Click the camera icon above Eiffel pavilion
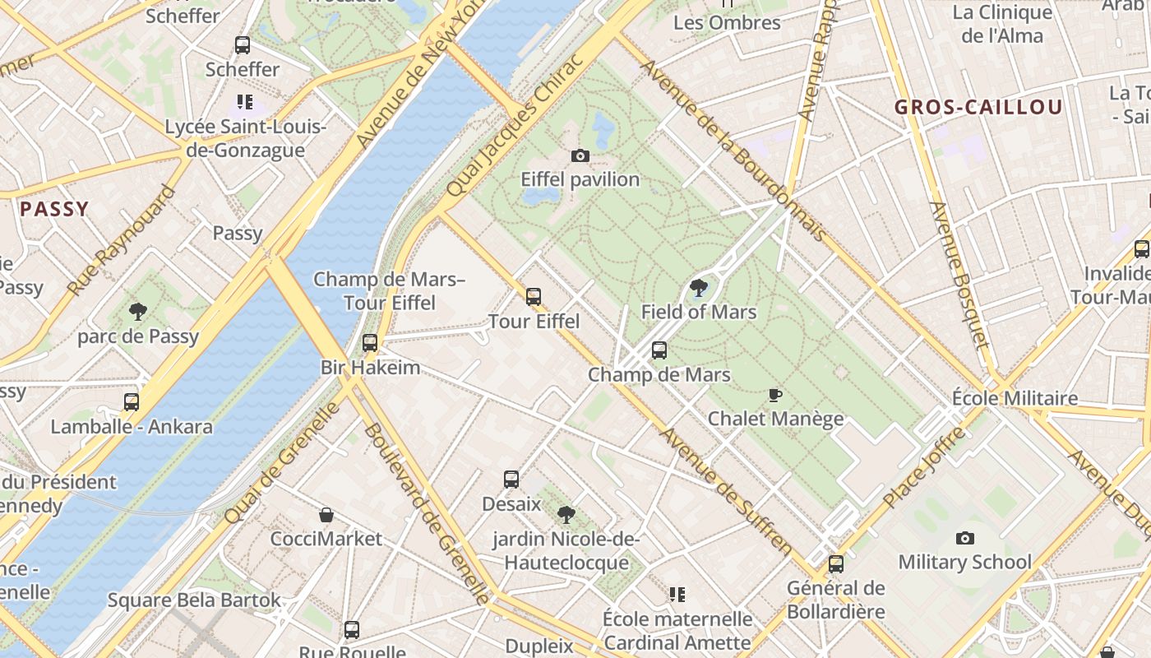point(580,155)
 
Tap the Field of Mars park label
point(698,312)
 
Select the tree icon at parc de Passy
point(138,312)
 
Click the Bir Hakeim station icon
point(370,343)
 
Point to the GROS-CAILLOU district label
point(978,107)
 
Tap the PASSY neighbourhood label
point(54,209)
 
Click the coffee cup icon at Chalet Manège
point(774,396)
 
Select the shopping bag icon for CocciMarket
point(326,516)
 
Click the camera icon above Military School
point(964,539)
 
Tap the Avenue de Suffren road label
point(727,491)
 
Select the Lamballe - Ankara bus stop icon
point(132,402)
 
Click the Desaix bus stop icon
point(511,480)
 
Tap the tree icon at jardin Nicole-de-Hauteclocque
point(566,515)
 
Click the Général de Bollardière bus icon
point(836,564)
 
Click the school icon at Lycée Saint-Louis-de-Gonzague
point(244,102)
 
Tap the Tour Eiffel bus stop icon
point(534,297)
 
